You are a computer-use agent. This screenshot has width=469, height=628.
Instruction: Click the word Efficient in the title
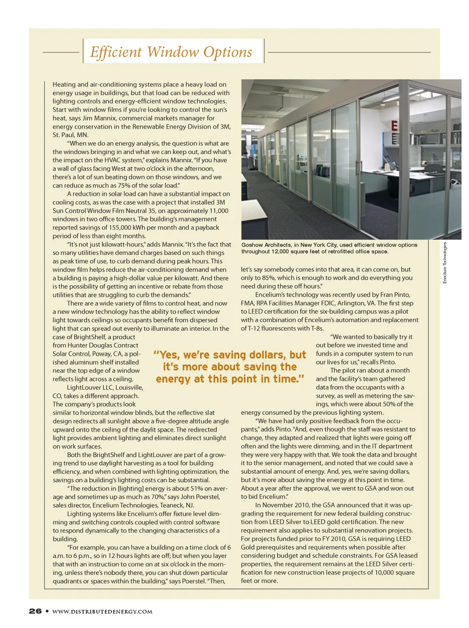click(x=116, y=52)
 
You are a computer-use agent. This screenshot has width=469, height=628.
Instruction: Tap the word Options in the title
click(x=228, y=52)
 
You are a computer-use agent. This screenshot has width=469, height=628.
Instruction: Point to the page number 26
click(x=35, y=611)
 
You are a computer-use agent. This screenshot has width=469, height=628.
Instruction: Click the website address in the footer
click(x=102, y=611)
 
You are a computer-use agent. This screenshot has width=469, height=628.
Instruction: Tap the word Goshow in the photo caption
click(x=252, y=245)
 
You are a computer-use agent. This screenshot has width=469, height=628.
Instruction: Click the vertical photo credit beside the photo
click(x=445, y=263)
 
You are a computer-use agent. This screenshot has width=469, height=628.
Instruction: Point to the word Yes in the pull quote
click(x=169, y=355)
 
